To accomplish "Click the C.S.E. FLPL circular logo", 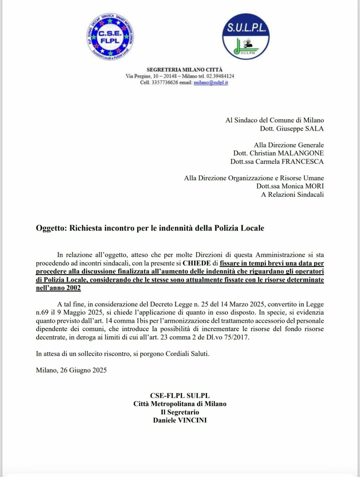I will [110, 37].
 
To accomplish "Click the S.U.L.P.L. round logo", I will [246, 37].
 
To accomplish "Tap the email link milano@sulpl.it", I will [211, 83].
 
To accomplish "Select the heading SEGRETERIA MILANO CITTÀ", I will [184, 70].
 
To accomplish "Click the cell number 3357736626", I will [165, 83].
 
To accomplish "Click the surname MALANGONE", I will [301, 153].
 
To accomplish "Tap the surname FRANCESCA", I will [303, 162].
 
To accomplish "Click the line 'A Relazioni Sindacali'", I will [292, 195].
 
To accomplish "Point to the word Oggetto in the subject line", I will [51, 228].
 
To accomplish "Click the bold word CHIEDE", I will [197, 263].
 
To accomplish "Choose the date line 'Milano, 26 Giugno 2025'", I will [71, 370].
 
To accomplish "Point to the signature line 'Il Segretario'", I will [180, 412].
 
